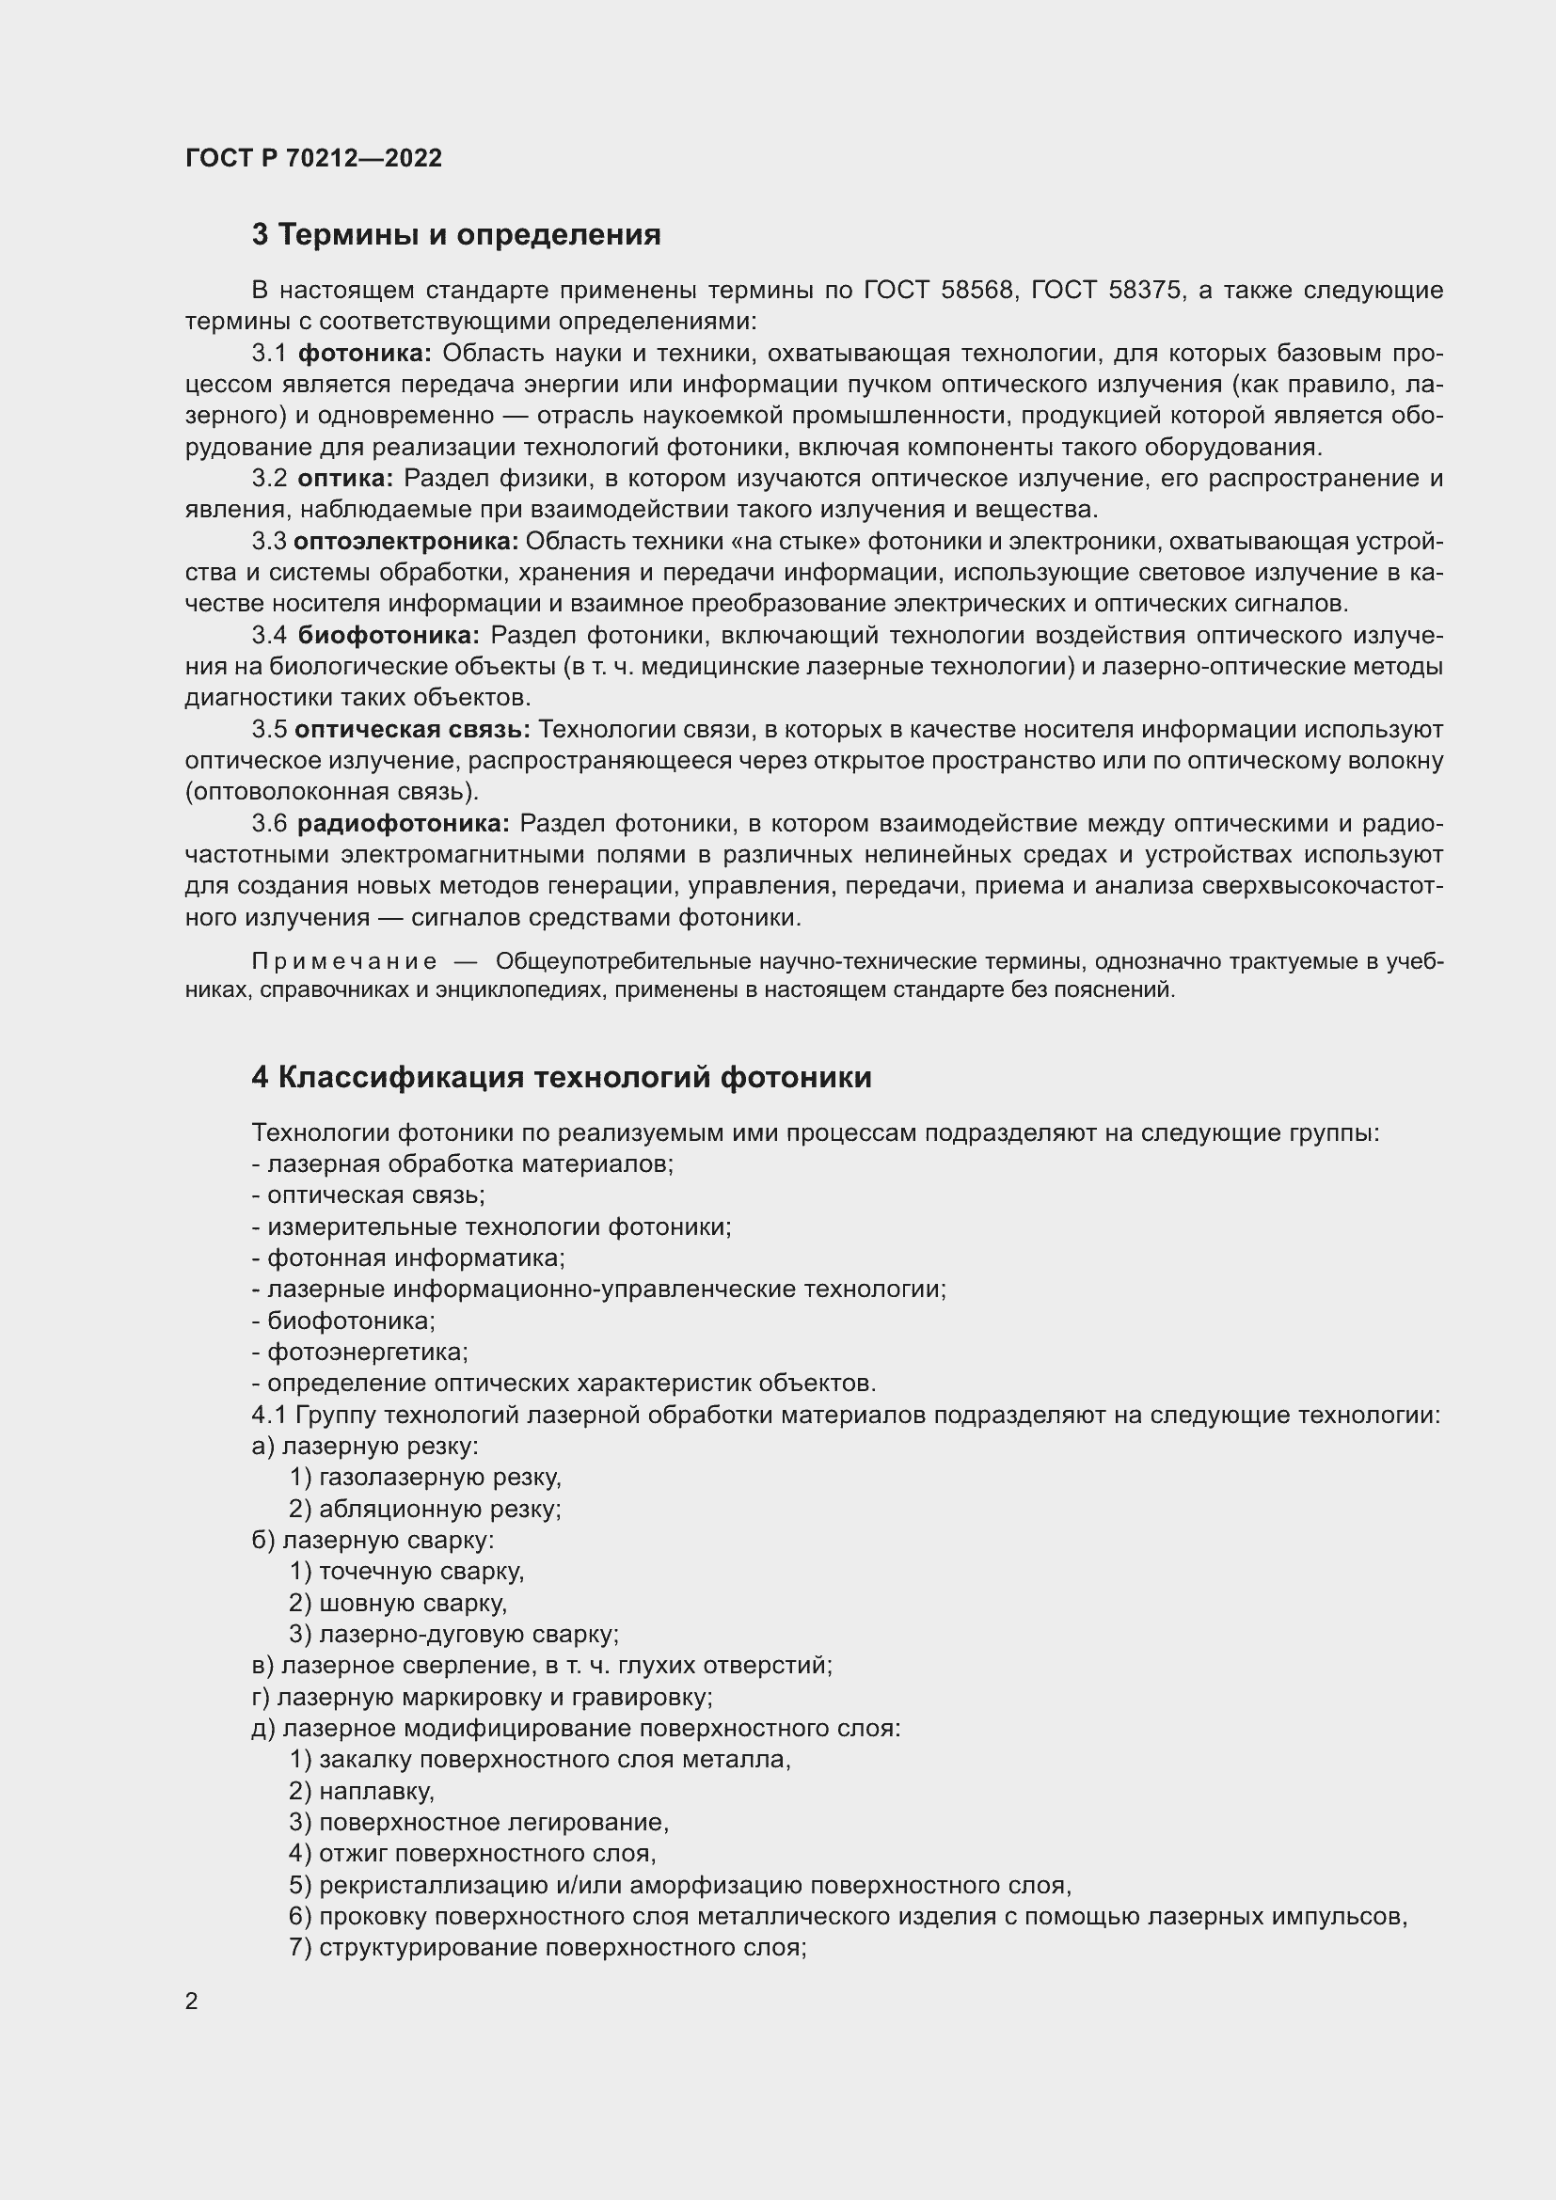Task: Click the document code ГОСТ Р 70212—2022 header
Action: [x=313, y=158]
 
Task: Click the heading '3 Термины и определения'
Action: [x=456, y=235]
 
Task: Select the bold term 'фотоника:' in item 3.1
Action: [x=365, y=354]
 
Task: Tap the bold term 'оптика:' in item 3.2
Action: [x=346, y=478]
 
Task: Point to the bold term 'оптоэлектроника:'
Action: [x=405, y=542]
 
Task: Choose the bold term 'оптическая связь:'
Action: [x=412, y=729]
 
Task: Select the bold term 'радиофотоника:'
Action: [x=404, y=823]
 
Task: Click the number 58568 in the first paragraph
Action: [x=976, y=291]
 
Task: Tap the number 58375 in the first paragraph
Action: [x=1144, y=291]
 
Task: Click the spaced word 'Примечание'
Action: [x=344, y=962]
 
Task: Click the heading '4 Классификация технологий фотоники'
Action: [x=562, y=1077]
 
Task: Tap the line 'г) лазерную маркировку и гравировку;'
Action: [x=482, y=1697]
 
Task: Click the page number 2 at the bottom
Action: [x=192, y=2002]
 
